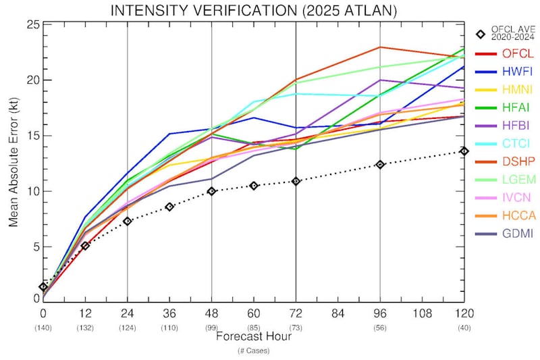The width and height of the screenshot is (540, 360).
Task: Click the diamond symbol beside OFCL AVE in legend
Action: pos(481,34)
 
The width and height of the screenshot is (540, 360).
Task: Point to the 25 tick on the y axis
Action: pos(31,25)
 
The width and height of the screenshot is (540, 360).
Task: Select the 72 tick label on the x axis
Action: pos(296,313)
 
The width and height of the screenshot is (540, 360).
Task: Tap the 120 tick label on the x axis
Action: pos(464,313)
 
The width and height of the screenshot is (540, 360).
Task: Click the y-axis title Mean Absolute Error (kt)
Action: pos(13,161)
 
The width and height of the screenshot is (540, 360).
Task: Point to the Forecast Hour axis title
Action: pos(254,336)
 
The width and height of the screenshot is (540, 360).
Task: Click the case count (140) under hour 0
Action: pos(43,328)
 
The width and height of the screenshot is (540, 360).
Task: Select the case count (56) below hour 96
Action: pos(380,328)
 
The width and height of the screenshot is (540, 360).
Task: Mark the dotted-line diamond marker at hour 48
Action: pos(212,191)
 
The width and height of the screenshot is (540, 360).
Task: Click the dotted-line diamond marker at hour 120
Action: pos(464,151)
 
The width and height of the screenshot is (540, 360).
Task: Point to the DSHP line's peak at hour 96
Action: pos(380,47)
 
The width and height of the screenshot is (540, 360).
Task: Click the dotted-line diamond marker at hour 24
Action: pos(128,221)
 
